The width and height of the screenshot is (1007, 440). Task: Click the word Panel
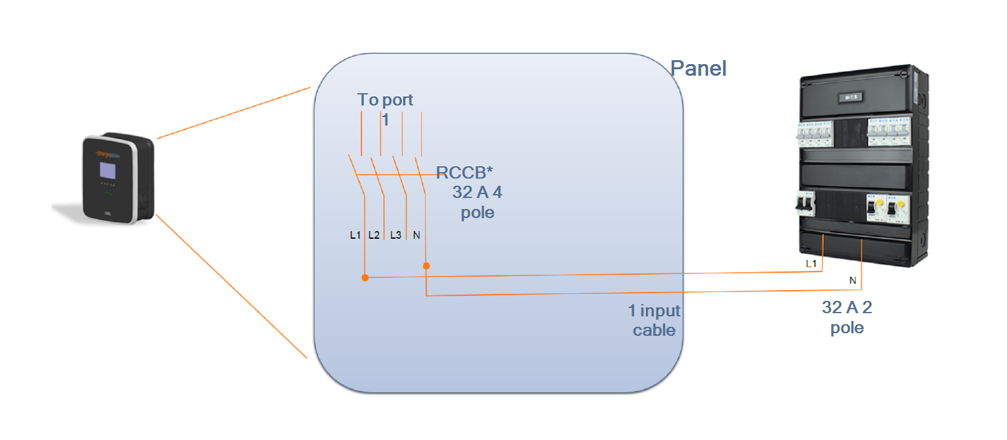(x=698, y=68)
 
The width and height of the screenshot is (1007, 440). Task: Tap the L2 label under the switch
(x=373, y=235)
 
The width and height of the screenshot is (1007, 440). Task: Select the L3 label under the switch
(x=395, y=235)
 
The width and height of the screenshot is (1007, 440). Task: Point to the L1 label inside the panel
(x=355, y=235)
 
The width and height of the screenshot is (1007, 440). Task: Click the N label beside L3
(x=416, y=235)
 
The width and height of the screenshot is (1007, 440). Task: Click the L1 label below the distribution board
(x=811, y=264)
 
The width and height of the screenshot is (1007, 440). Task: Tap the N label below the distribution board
(x=852, y=280)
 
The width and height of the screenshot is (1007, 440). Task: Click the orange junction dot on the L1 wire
(x=365, y=278)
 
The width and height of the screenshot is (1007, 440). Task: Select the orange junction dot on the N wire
(x=426, y=265)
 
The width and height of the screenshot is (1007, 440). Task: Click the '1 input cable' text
(x=654, y=320)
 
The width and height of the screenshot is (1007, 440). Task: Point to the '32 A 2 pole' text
(x=847, y=317)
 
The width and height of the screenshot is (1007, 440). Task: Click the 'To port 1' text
(x=385, y=108)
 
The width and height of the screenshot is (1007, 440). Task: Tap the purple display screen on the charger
(x=107, y=171)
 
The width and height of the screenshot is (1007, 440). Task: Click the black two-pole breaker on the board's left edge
(x=802, y=204)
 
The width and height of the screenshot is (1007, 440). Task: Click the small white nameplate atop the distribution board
(x=848, y=98)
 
